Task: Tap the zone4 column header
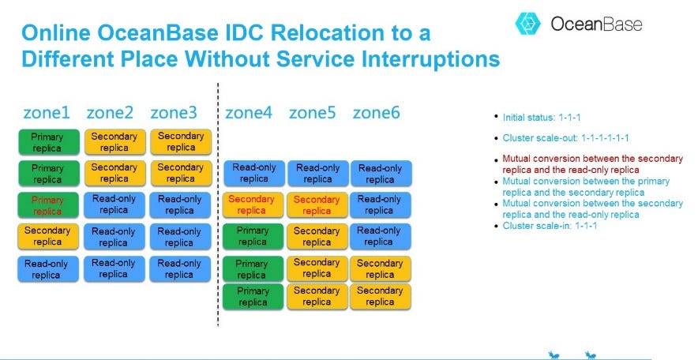pyautogui.click(x=249, y=113)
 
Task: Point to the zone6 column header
pyautogui.click(x=376, y=113)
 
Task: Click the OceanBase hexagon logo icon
pyautogui.click(x=527, y=24)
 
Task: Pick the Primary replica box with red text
pyautogui.click(x=47, y=205)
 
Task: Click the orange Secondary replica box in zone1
pyautogui.click(x=47, y=237)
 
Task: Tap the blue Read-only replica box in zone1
pyautogui.click(x=47, y=269)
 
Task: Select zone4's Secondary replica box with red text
pyautogui.click(x=252, y=205)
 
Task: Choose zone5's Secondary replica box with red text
pyautogui.click(x=317, y=205)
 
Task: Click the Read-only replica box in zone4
pyautogui.click(x=253, y=174)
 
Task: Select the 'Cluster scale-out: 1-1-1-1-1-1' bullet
pyautogui.click(x=565, y=137)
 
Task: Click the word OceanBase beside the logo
pyautogui.click(x=596, y=24)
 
